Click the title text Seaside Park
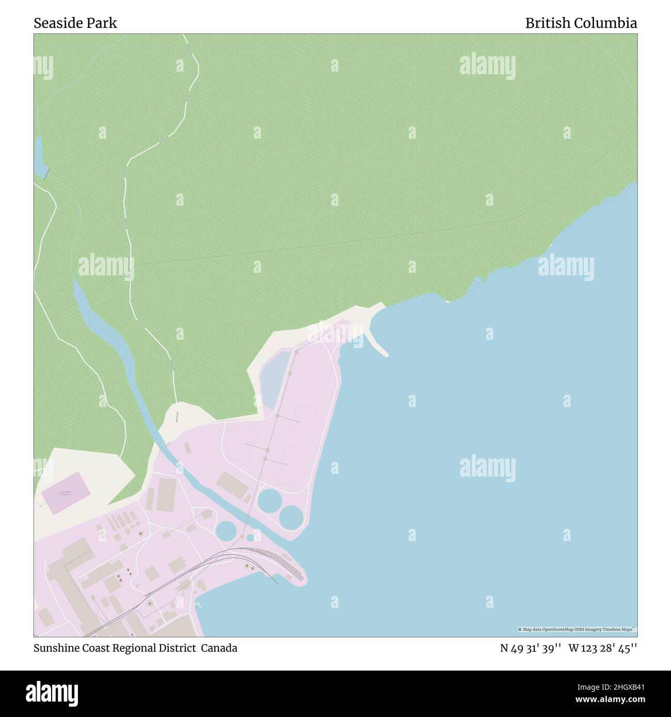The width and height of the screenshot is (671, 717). [x=75, y=23]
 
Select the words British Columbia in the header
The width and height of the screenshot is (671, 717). [x=581, y=23]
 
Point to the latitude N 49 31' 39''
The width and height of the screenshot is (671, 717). [x=531, y=648]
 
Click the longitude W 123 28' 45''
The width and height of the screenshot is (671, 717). [x=602, y=648]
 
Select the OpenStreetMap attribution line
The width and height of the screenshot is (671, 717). [x=577, y=629]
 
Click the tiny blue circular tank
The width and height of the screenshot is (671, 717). [x=250, y=537]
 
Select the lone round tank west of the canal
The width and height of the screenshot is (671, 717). [x=226, y=531]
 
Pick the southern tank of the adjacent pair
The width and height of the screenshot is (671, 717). [x=291, y=517]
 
